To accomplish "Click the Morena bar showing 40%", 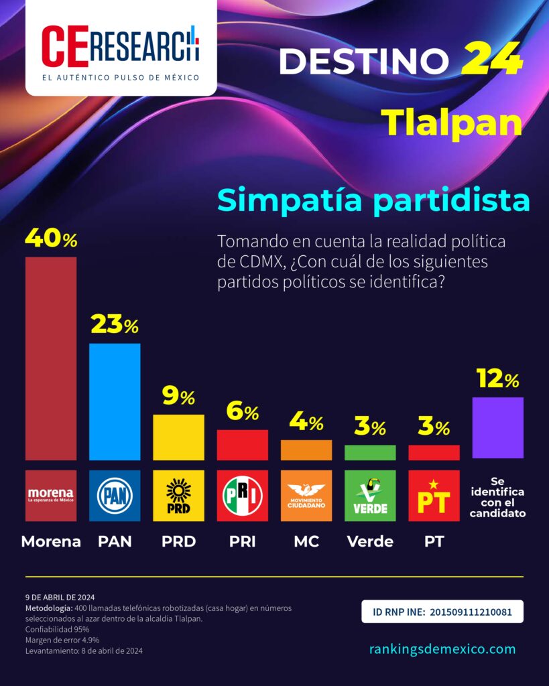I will (51, 358).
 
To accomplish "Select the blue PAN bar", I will (115, 401).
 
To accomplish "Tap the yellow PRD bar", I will (178, 437).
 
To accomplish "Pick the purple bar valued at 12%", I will (497, 427).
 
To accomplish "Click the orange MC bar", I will (306, 450).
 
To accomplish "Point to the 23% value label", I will (115, 326).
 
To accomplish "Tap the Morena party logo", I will (51, 496).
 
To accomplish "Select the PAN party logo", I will (115, 496).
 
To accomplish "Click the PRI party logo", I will (242, 496).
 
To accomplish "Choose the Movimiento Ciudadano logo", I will (306, 496).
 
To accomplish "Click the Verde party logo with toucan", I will (369, 496).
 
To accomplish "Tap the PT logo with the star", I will (434, 496).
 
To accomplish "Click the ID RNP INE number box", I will (442, 612).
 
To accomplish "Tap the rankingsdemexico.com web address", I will (442, 648).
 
